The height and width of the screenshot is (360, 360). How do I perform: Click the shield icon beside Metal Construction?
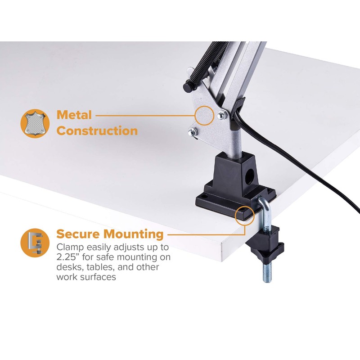[x=35, y=123]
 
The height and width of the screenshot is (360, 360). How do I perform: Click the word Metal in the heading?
[x=74, y=115]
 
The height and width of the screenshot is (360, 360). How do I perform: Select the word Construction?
[x=97, y=131]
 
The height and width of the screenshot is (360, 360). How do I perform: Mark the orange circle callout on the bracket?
[x=204, y=115]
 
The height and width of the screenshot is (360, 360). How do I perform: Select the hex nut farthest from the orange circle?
[x=192, y=132]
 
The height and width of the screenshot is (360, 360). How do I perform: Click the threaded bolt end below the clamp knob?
[x=266, y=270]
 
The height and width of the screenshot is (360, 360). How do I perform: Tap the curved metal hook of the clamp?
[x=263, y=211]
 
